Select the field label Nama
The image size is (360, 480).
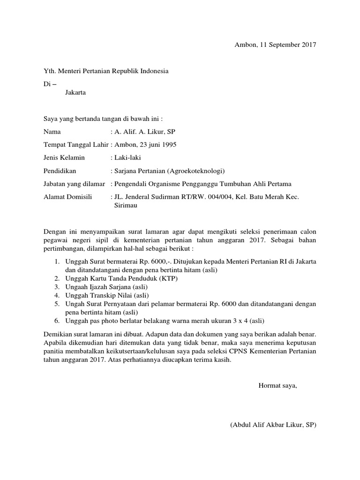[52, 132]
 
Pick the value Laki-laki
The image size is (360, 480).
[124, 158]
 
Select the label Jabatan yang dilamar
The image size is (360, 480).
[74, 184]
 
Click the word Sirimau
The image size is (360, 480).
[126, 205]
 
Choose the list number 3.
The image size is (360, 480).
[56, 286]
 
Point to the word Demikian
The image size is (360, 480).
[57, 336]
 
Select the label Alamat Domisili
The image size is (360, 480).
[68, 197]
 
